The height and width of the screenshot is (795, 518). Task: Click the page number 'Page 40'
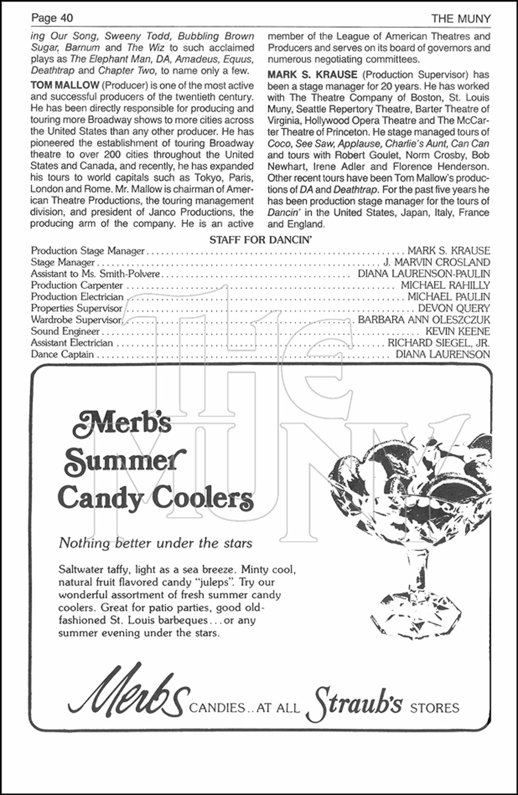tap(52, 18)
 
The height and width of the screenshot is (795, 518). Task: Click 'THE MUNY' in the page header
tap(461, 19)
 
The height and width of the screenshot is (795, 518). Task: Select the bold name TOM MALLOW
tap(65, 85)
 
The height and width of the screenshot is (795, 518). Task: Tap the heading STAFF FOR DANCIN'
tap(260, 240)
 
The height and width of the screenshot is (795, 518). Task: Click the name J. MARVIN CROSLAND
tap(436, 262)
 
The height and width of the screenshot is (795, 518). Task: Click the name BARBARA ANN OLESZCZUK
tap(424, 320)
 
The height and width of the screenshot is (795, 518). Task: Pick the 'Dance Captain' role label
tap(62, 355)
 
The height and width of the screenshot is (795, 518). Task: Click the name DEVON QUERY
tap(454, 308)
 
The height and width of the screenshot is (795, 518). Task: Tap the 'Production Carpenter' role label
tap(77, 286)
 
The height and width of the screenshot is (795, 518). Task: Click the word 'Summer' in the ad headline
tap(125, 461)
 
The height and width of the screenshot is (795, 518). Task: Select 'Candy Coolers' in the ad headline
tap(155, 498)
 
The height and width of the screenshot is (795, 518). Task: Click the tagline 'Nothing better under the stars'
tap(156, 543)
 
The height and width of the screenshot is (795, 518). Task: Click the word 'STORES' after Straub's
tap(435, 708)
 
